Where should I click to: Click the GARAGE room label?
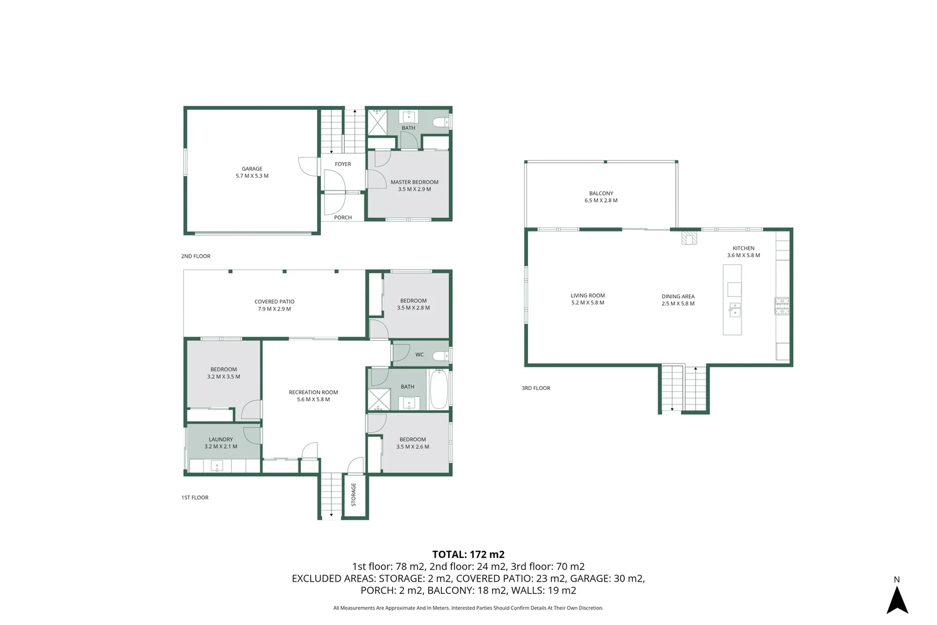(252, 169)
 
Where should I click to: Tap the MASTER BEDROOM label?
(414, 182)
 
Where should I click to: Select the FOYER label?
(342, 164)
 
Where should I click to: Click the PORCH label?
(342, 218)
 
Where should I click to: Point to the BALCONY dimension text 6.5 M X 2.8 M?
(601, 201)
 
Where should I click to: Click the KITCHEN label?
(743, 248)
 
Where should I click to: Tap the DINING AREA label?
(678, 296)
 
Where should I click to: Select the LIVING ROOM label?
(588, 296)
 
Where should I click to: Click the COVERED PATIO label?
(274, 302)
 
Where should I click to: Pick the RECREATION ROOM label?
(313, 392)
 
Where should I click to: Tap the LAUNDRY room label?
(220, 439)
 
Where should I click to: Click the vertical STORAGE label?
(353, 494)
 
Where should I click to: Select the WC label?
(419, 355)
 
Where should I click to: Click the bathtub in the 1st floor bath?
(438, 389)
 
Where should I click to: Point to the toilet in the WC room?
(441, 355)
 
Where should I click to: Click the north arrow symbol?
(897, 600)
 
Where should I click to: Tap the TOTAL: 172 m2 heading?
(468, 554)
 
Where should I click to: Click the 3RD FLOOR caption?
(536, 388)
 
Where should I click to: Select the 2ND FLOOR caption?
(195, 256)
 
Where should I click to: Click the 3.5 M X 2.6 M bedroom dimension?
(412, 447)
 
